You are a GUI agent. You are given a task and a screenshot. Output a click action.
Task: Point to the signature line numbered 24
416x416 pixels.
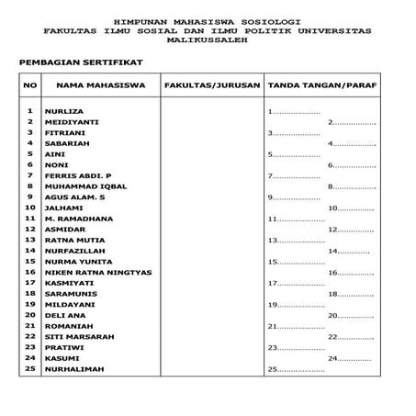(349, 358)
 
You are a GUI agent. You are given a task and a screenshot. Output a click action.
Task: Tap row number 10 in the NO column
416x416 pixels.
(30, 208)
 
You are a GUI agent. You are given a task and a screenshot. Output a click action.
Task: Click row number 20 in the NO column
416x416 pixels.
(30, 315)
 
